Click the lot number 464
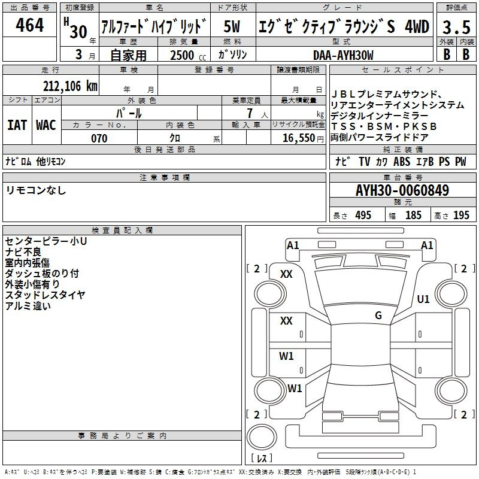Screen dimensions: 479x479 click(29, 25)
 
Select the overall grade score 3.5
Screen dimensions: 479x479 click(456, 27)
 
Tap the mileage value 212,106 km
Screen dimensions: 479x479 click(70, 86)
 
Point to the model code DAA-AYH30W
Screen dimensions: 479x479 click(343, 55)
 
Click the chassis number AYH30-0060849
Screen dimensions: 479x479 click(402, 190)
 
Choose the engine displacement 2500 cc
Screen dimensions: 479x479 click(188, 55)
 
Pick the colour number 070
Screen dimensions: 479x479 click(99, 138)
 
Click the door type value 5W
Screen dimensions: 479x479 click(232, 26)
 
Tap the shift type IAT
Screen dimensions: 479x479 click(17, 125)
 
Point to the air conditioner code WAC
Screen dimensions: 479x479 click(46, 125)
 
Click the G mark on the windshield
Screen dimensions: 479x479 click(378, 315)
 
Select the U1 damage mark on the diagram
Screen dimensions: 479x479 click(423, 299)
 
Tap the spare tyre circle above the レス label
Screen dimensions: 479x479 click(262, 436)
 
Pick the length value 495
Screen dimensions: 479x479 click(363, 215)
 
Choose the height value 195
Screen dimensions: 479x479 click(461, 215)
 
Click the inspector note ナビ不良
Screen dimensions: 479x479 click(23, 252)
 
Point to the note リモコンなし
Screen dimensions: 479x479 click(36, 190)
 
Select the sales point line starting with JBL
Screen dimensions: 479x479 click(387, 94)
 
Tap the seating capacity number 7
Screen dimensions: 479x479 click(250, 113)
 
